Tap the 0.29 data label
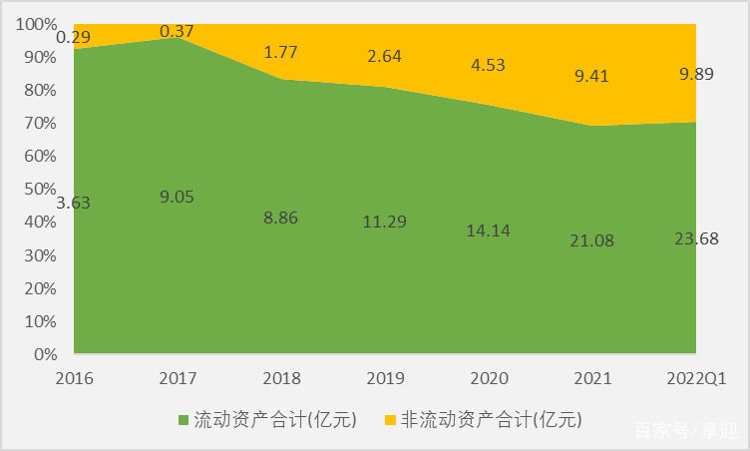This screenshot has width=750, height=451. (x=74, y=38)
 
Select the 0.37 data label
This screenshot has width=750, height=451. (x=178, y=31)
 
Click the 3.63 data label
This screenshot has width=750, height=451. (x=74, y=203)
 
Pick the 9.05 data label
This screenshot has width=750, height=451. (x=178, y=197)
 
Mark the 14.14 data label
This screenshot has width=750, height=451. (x=488, y=230)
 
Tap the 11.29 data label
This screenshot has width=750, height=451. (x=385, y=222)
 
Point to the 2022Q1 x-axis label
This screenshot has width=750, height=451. (x=694, y=379)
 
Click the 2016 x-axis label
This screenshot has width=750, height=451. (x=74, y=379)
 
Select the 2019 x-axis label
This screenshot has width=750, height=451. (x=385, y=379)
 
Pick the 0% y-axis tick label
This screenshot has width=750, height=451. (x=45, y=354)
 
